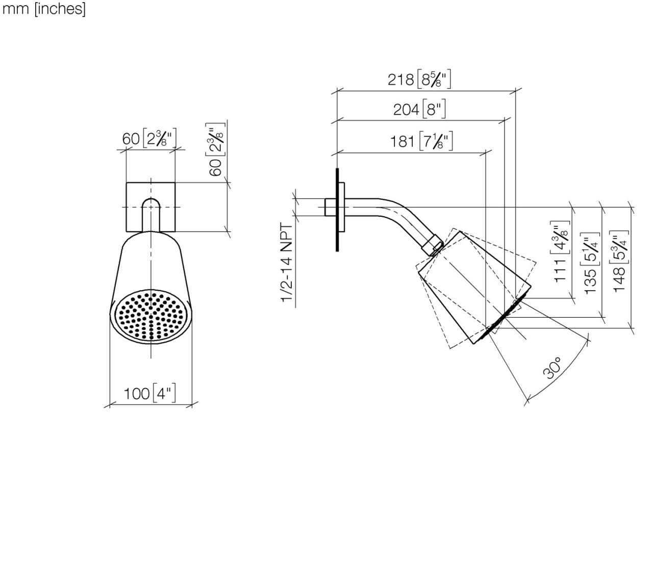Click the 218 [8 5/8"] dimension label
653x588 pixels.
point(419,80)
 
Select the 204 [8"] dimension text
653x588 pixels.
point(419,109)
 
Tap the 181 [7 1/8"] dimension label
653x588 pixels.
point(421,141)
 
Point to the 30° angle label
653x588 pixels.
point(552,368)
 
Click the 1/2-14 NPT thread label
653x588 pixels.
point(287,263)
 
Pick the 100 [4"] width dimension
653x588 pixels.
point(149,394)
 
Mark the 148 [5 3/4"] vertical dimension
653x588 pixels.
point(619,261)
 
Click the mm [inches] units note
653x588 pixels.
point(44,9)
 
